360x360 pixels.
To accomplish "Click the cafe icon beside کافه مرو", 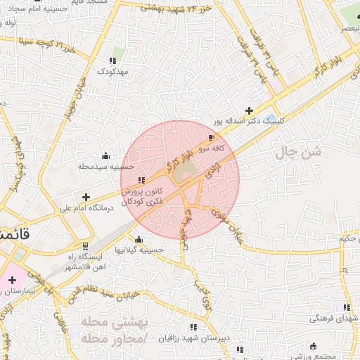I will coord(212,137).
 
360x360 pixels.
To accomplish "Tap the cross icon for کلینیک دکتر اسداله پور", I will coord(249,110).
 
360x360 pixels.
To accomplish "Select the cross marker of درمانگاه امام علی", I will coord(86,198).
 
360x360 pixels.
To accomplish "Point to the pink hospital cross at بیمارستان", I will coord(12,280).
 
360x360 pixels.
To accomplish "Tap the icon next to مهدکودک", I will coord(113,60).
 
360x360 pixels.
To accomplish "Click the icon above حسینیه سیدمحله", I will coord(105,155).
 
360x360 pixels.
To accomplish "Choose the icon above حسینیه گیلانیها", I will coord(139,239).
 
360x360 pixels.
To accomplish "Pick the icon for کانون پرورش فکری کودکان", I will coord(143,180).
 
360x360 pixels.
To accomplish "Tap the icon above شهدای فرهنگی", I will coord(345,307).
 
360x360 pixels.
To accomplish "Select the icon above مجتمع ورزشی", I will coord(313,346).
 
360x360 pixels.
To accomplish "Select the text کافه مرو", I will coord(210,148).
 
